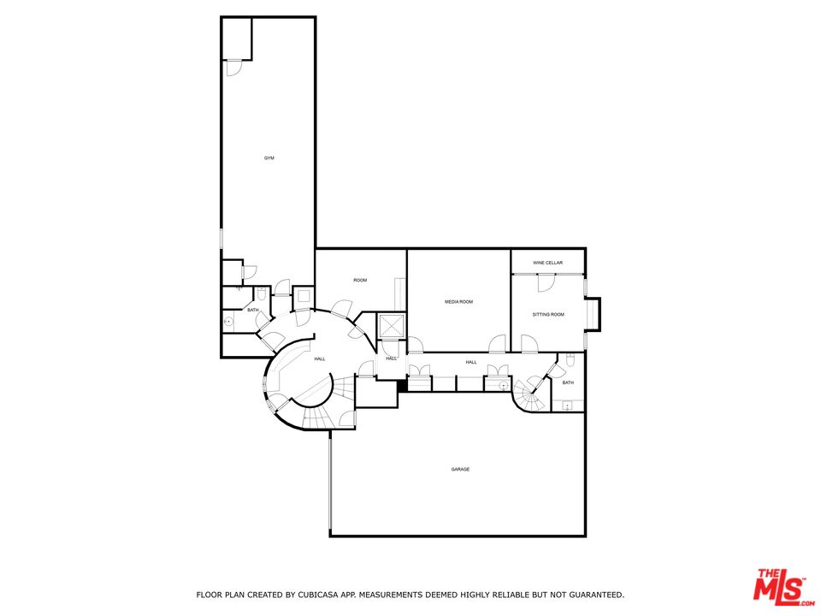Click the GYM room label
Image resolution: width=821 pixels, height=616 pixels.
click(269, 157)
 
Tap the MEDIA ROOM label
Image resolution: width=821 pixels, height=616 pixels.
click(458, 302)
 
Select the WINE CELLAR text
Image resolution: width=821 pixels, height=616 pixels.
click(547, 263)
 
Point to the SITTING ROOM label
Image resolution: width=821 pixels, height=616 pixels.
click(548, 314)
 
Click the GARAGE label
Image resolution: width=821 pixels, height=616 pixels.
click(460, 470)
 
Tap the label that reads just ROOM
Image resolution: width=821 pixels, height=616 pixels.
click(360, 281)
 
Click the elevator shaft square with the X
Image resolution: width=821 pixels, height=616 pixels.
click(391, 326)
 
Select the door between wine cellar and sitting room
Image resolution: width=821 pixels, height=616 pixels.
click(545, 283)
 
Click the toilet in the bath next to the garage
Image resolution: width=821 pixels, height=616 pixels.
click(570, 359)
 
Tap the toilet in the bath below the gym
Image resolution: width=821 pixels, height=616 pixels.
click(262, 293)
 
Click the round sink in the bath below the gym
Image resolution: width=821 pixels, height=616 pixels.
click(228, 321)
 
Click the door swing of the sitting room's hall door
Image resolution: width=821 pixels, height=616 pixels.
click(529, 344)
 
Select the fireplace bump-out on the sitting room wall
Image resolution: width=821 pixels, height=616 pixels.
click(593, 314)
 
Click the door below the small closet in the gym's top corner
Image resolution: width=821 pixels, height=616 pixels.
click(234, 68)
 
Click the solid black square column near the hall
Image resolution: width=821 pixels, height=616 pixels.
click(402, 386)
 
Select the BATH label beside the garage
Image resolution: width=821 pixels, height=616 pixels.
click(568, 383)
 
